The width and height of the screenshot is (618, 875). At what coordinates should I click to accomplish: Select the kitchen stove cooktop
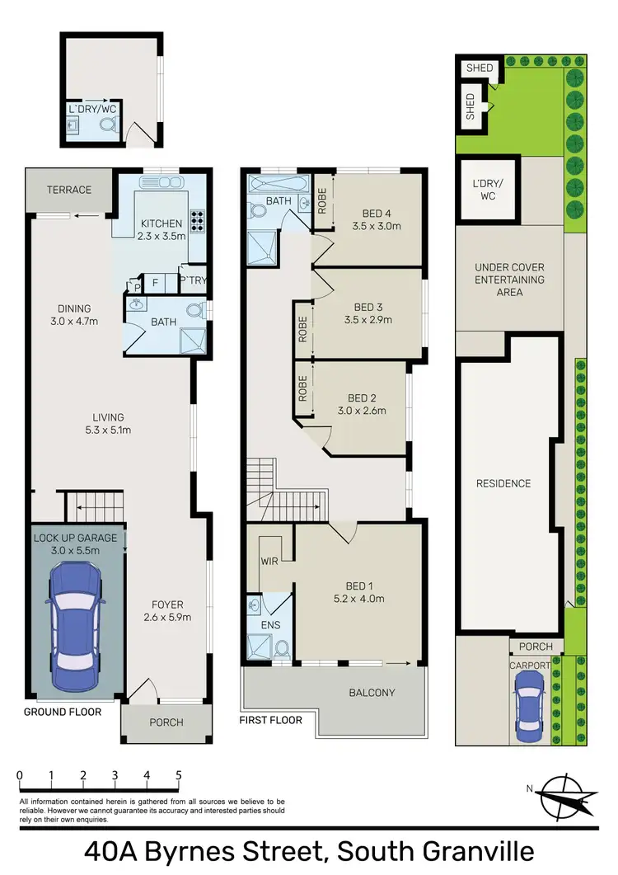click(198, 222)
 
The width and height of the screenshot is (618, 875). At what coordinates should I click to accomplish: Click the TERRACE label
click(69, 190)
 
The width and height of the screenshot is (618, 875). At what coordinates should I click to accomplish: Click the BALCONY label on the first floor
click(372, 693)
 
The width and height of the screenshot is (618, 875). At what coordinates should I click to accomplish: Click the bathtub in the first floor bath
click(276, 182)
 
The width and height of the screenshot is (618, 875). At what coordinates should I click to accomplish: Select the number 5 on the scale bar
click(179, 776)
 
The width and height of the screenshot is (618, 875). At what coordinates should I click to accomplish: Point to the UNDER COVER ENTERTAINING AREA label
click(509, 280)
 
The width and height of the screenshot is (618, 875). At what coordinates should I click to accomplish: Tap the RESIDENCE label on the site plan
click(503, 483)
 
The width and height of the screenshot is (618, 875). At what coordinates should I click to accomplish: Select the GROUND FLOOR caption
click(63, 712)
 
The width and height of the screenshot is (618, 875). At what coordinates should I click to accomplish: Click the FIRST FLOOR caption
click(271, 720)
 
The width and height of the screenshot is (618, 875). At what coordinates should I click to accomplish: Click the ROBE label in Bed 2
click(303, 388)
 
